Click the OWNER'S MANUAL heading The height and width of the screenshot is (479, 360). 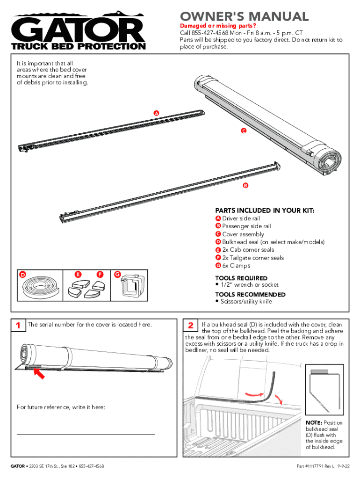coord(245,17)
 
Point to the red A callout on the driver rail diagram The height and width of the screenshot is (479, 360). coord(156,114)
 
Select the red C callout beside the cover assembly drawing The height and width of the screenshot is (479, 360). coord(244,131)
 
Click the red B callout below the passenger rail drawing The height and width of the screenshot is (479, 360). coord(245,186)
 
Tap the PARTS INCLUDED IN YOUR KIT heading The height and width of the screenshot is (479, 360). coord(265,211)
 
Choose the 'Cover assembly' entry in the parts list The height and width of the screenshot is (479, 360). coord(243,234)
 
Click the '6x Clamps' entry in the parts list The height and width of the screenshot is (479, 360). coord(236,266)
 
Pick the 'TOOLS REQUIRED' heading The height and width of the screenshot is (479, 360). coord(241,278)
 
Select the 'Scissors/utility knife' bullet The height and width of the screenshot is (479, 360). coord(245,302)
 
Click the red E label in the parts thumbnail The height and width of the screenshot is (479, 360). coord(78,274)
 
